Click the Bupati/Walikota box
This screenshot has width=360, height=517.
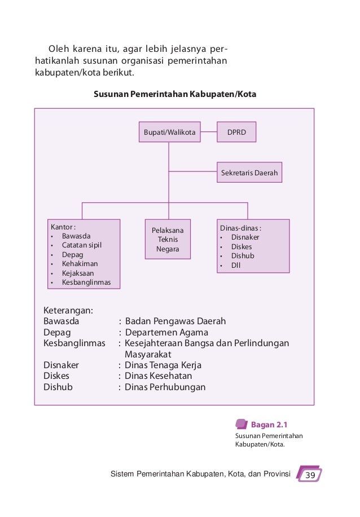point(169,132)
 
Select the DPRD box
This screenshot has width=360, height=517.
point(236,132)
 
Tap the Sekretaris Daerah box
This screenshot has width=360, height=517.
point(249,173)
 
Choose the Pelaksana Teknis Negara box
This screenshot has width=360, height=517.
point(168,239)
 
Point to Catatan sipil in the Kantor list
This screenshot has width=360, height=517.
point(82,245)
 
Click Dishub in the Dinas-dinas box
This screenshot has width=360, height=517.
point(243,255)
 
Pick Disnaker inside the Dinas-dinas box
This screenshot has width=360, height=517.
point(245,237)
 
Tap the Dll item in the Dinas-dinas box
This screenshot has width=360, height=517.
point(236,265)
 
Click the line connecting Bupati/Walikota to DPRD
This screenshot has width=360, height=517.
point(209,132)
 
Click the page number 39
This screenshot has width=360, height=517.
point(309,475)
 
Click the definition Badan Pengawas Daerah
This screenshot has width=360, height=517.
point(175,321)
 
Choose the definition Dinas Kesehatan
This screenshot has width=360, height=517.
point(159,375)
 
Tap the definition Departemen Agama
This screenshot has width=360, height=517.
point(166,332)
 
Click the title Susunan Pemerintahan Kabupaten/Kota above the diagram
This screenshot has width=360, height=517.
point(175,94)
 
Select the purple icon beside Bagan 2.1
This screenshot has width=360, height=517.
point(241,424)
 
